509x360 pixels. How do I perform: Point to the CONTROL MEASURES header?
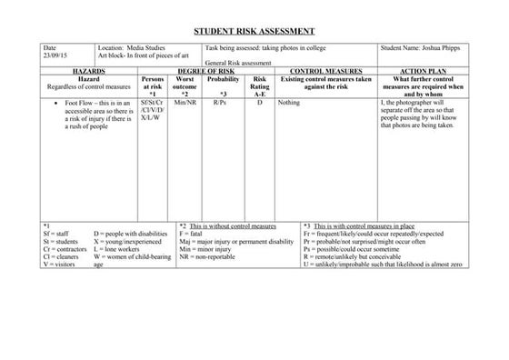pos(325,71)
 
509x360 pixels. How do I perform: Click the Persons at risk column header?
pos(153,86)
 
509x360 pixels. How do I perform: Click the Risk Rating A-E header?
pos(260,86)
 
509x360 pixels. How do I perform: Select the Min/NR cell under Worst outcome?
pos(185,104)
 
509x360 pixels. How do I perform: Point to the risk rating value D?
pos(260,104)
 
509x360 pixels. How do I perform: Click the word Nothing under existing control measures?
pos(290,104)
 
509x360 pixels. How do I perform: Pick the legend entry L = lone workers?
pos(116,249)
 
